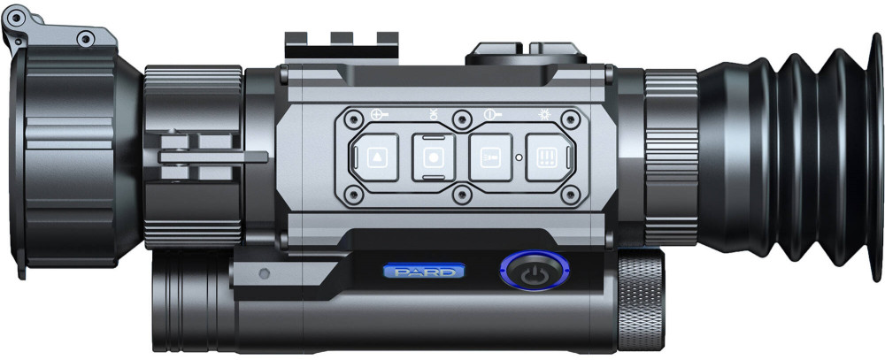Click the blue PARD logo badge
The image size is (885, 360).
coord(424,272)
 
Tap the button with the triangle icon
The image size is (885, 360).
coord(377,157)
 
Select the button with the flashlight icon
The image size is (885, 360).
coord(490,157)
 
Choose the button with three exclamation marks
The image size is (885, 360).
coord(547,157)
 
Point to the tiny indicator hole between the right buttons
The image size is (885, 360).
coord(519,157)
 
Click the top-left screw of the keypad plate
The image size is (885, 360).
coord(354,119)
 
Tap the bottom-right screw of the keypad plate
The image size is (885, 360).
coord(571,195)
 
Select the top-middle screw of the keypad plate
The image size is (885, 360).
coord(462,119)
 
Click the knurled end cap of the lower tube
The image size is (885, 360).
coord(641,298)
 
